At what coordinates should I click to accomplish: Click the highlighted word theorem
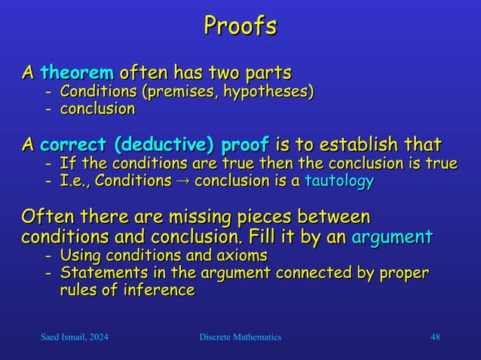click(x=77, y=74)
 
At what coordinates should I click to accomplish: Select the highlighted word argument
click(x=392, y=237)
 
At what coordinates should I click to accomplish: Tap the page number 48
click(x=434, y=337)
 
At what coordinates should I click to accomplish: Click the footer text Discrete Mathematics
click(x=236, y=337)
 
